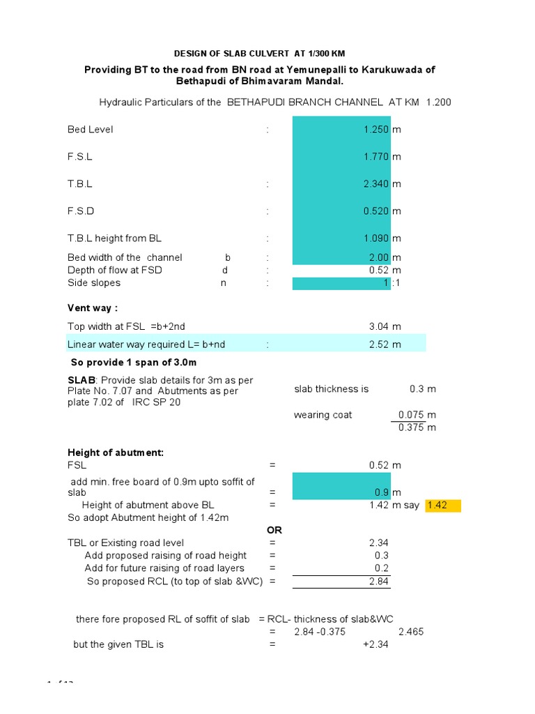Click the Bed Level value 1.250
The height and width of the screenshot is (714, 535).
[376, 130]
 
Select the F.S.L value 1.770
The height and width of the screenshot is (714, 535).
[376, 157]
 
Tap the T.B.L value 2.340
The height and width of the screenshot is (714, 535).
[376, 184]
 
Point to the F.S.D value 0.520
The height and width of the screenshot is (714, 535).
[376, 211]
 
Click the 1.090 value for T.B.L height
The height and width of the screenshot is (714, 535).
[376, 238]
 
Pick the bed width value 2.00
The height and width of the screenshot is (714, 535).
[379, 257]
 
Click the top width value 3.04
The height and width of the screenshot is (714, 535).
[380, 326]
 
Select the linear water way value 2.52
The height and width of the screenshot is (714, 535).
[380, 344]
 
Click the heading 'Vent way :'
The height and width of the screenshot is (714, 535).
[93, 308]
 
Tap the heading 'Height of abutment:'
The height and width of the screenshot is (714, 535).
[116, 453]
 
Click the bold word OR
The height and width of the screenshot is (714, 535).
[274, 531]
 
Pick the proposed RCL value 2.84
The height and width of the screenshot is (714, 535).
[379, 582]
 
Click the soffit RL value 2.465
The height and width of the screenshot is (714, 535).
[410, 632]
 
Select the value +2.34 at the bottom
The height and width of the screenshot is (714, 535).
[375, 645]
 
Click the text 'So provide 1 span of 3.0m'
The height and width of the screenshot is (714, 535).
[134, 363]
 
